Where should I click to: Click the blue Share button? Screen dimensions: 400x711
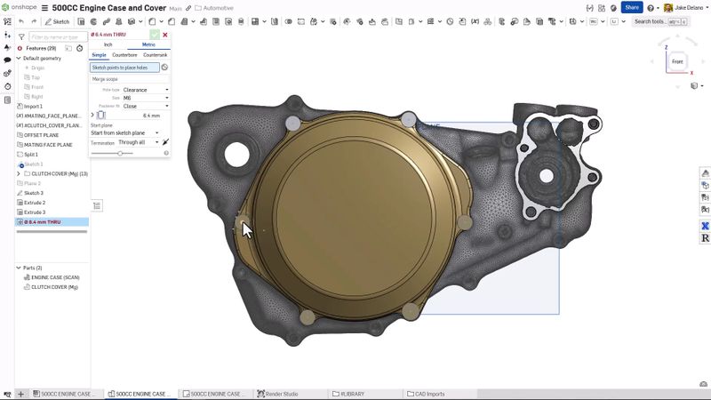click(x=631, y=7)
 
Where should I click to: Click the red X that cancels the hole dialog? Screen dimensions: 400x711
click(x=165, y=35)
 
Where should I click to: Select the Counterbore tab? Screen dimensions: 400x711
click(x=124, y=55)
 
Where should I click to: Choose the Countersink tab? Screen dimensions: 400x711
click(x=155, y=55)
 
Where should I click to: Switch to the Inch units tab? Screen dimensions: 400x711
click(x=108, y=44)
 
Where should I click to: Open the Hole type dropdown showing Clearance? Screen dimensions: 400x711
click(x=146, y=90)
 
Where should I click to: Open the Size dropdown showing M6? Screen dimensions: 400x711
click(x=146, y=98)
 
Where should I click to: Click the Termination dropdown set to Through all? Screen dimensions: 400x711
click(x=139, y=142)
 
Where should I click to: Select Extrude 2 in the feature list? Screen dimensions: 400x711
click(x=35, y=203)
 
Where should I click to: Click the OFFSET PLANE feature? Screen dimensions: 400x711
click(x=41, y=135)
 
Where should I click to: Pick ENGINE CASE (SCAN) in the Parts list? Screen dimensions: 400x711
click(x=55, y=276)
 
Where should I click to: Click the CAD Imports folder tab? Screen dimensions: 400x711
click(x=427, y=393)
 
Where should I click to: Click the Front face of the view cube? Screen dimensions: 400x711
click(x=677, y=61)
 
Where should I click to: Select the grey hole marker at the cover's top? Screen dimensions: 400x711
click(x=408, y=119)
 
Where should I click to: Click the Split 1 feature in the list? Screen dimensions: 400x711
click(x=31, y=155)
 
